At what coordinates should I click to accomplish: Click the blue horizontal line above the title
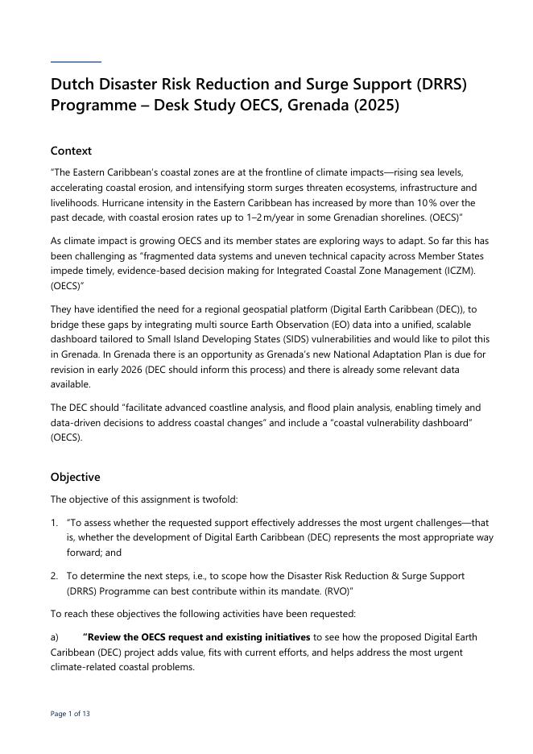tap(76, 61)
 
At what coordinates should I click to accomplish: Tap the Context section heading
tap(71, 151)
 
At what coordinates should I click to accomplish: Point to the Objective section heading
tap(75, 477)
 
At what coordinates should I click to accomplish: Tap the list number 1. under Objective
tap(55, 522)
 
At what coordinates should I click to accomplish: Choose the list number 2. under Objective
tap(55, 576)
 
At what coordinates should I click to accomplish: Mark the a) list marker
tap(55, 637)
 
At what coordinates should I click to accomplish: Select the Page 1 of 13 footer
tap(71, 714)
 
